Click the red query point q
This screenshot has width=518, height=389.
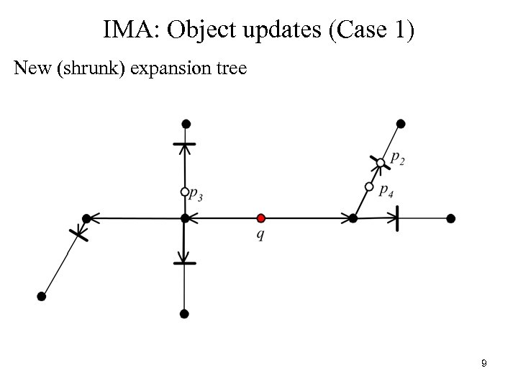tap(261, 218)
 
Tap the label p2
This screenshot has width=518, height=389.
tap(397, 158)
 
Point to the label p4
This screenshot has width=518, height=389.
tap(386, 191)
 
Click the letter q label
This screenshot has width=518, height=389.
tap(259, 236)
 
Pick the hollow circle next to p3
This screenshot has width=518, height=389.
tap(185, 192)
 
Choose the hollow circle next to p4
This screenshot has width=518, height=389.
tap(369, 187)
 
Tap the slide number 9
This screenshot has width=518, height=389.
tap(484, 364)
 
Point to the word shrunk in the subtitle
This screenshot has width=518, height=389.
tap(81, 69)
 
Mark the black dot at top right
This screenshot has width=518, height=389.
tap(401, 124)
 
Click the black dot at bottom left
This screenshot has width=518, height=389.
tap(42, 296)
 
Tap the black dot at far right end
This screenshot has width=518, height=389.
tap(450, 218)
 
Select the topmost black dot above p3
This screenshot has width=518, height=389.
tap(185, 124)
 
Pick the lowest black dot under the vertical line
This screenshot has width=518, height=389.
tap(185, 313)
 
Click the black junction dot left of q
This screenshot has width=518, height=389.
tap(185, 218)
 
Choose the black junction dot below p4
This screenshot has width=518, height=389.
tap(353, 218)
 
